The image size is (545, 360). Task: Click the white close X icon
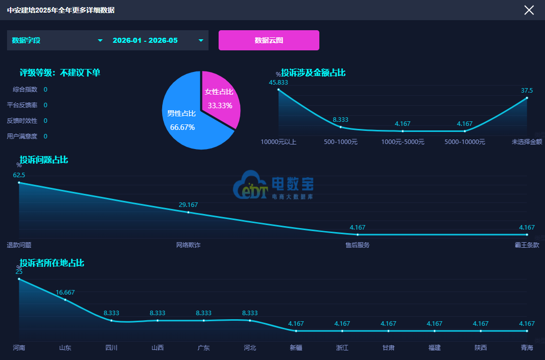(529, 10)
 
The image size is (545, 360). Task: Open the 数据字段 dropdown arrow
(100, 40)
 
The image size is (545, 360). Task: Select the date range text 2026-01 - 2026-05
(145, 40)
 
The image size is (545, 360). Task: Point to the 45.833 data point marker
(279, 90)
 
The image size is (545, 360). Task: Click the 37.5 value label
(526, 90)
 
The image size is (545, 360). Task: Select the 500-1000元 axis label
(340, 142)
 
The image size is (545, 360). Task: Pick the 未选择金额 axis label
(526, 142)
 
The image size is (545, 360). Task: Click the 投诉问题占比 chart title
(44, 160)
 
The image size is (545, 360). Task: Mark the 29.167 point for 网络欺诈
(188, 212)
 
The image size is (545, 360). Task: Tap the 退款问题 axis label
(19, 245)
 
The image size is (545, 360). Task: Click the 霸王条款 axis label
(527, 245)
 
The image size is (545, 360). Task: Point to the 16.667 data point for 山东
(65, 300)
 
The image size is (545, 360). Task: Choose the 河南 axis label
(19, 347)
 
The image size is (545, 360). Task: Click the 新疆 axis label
(296, 347)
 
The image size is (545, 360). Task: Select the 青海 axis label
(527, 347)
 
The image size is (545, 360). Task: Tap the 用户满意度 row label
(22, 136)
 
